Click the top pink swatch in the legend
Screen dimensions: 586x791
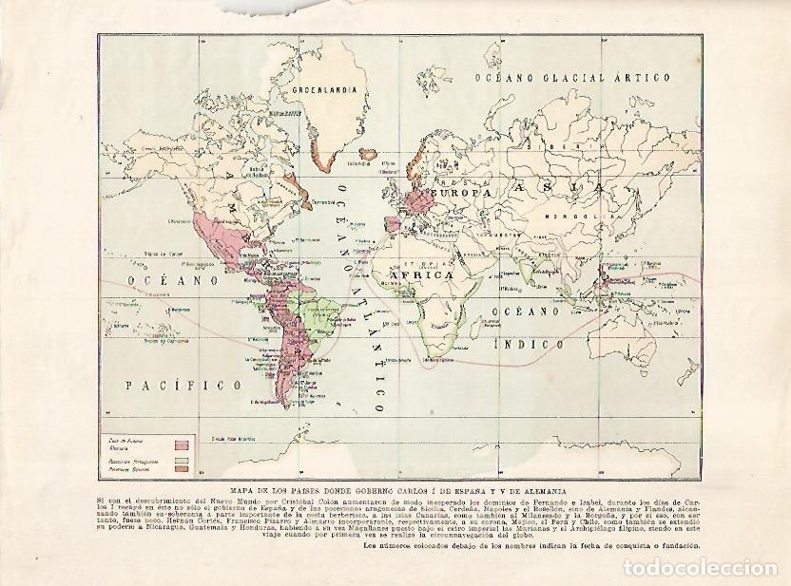(x=181, y=443)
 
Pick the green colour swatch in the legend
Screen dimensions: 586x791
(x=181, y=461)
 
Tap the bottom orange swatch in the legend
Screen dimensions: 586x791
(x=181, y=470)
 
